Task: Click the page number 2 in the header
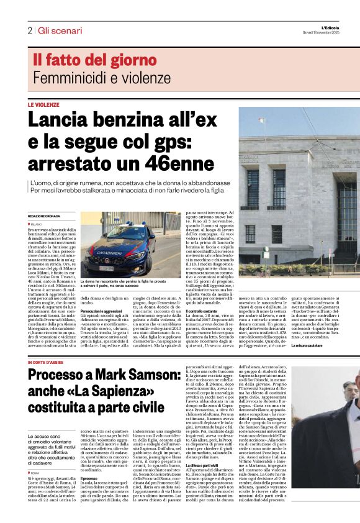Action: point(30,30)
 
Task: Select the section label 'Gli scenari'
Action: point(60,30)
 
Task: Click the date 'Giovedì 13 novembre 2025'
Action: point(320,33)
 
